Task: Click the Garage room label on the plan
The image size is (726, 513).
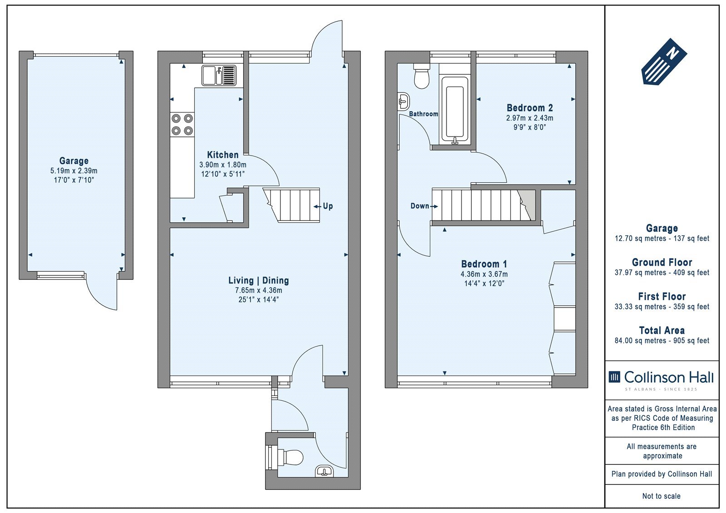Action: pos(74,161)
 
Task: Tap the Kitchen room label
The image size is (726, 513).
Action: pos(223,155)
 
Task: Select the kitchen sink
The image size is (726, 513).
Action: pos(219,75)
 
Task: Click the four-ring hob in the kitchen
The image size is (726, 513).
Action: pos(182,124)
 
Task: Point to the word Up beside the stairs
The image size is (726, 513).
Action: pos(328,206)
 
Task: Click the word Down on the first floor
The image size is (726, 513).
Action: pos(420,206)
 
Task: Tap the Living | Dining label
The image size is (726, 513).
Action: pos(258,280)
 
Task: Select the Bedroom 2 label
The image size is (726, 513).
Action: pos(530,107)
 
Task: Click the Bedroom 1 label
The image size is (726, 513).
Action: pos(484,264)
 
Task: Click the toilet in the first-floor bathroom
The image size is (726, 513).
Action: pos(422,77)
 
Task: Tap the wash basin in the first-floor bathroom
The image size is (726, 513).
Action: pos(404,102)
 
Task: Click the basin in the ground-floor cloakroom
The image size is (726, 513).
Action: pos(324,472)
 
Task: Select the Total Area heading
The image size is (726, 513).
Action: pos(662,330)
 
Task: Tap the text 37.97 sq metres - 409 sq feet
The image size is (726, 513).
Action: pos(662,273)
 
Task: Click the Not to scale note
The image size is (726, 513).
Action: pos(661,496)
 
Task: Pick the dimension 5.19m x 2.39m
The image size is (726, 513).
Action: pos(74,171)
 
